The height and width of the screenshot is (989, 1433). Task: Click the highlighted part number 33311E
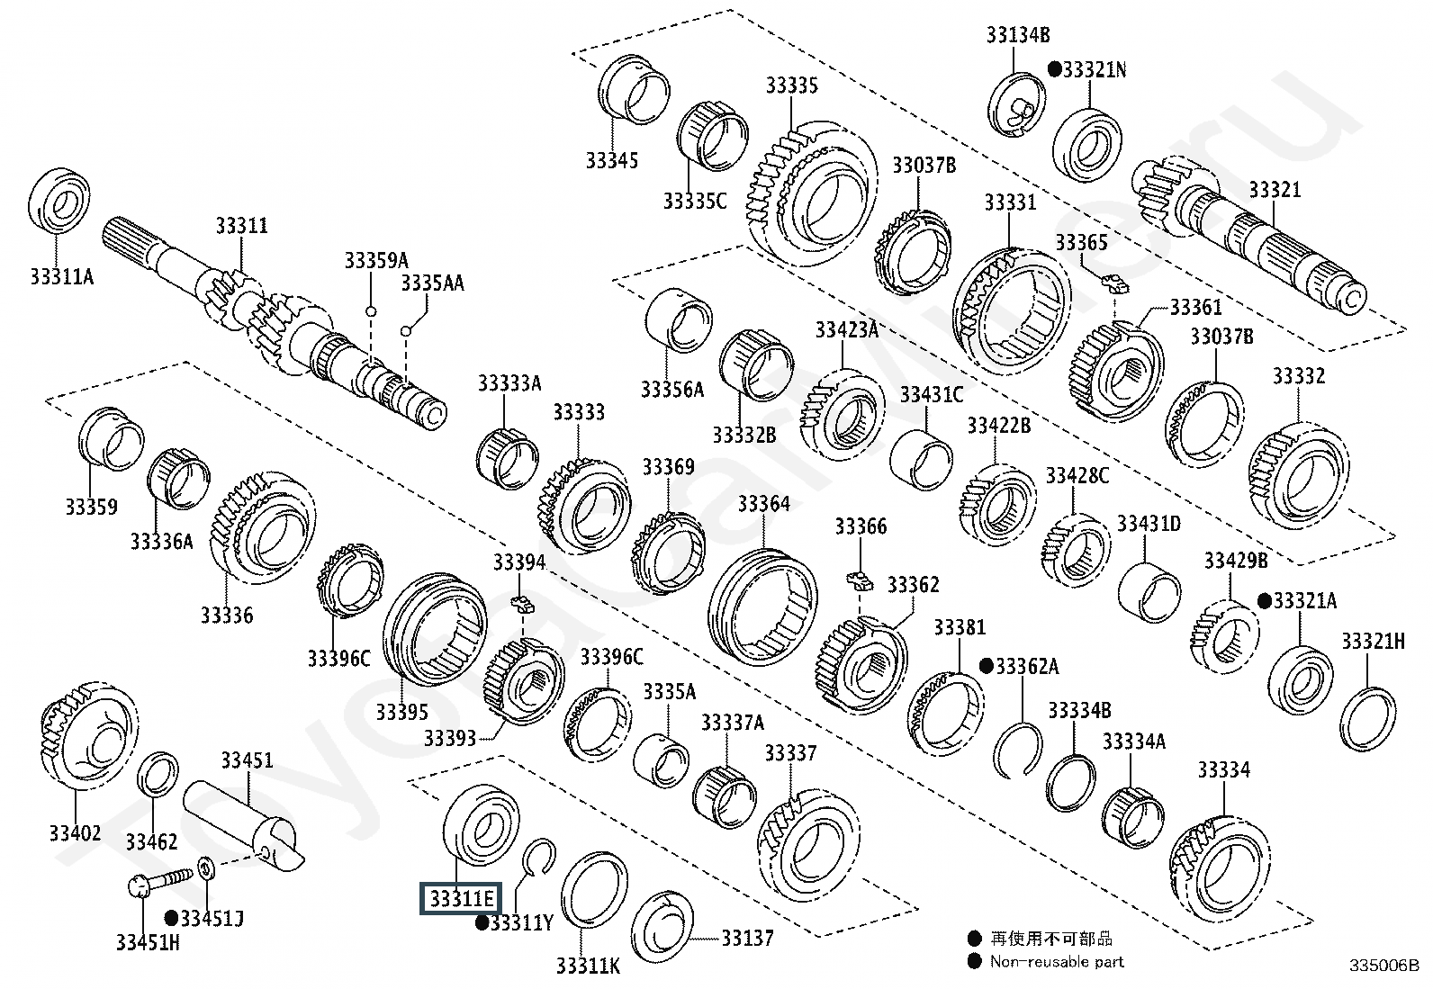click(461, 898)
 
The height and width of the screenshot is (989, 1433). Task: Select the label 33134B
click(1018, 34)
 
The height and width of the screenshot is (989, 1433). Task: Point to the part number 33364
click(764, 503)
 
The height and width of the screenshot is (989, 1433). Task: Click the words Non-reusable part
click(1057, 961)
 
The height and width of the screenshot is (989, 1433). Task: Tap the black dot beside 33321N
click(1055, 68)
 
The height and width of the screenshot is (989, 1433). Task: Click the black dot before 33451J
click(171, 918)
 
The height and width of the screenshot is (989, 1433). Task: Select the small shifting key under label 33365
click(1115, 283)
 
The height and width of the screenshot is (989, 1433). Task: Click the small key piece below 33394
click(523, 603)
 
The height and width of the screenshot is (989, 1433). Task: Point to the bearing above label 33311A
click(59, 202)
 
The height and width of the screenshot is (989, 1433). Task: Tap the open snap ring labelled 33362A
click(1018, 751)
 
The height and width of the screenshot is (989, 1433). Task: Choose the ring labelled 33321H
click(1368, 719)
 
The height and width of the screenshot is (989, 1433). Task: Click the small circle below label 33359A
click(371, 311)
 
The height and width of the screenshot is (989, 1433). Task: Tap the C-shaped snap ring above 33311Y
click(538, 856)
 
